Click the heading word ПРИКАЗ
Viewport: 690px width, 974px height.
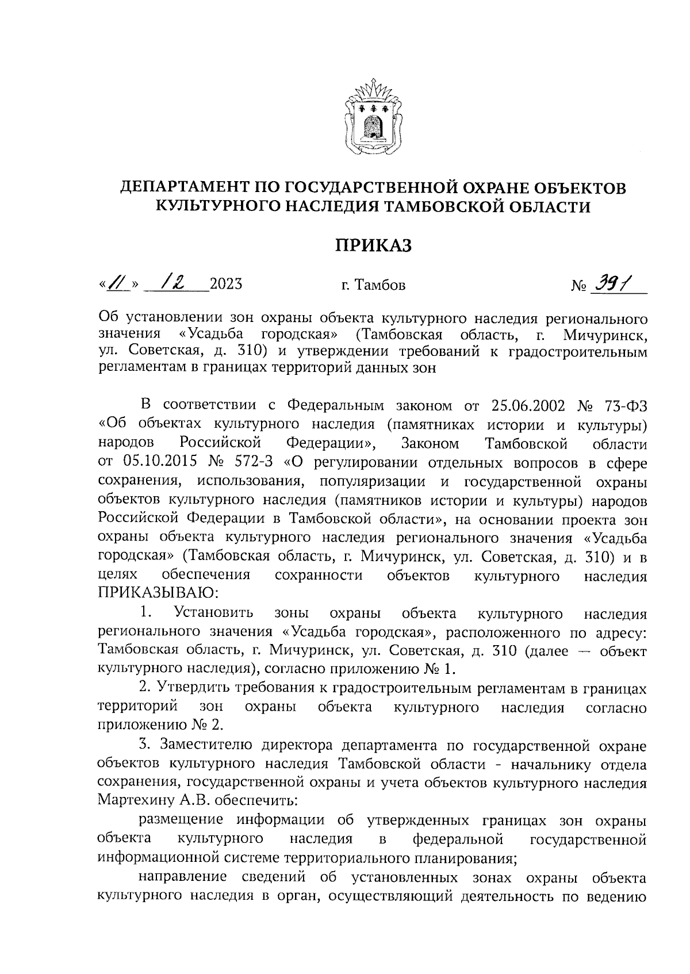(x=374, y=246)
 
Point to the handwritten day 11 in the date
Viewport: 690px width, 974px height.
(x=117, y=283)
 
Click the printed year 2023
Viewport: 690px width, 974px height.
(x=226, y=284)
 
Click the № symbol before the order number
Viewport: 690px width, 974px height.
(x=578, y=285)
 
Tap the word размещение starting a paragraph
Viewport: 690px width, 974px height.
(x=184, y=820)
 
